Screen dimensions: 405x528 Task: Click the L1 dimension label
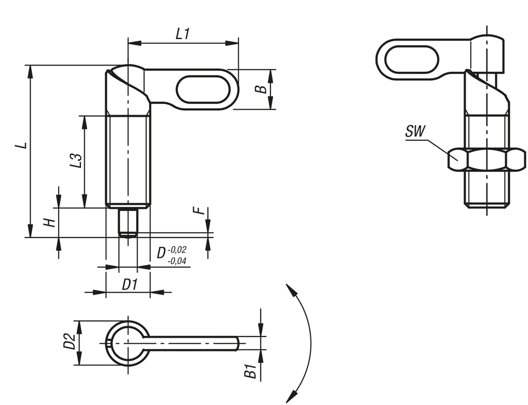coord(183,35)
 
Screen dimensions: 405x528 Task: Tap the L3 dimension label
coord(76,160)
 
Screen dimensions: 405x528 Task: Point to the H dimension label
coord(48,222)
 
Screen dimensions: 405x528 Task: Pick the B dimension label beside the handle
coord(262,89)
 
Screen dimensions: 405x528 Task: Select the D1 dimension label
coord(129,284)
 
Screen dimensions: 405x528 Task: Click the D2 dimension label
coord(69,342)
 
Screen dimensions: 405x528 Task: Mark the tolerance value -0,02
coord(178,250)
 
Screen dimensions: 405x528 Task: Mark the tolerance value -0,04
coord(178,261)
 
